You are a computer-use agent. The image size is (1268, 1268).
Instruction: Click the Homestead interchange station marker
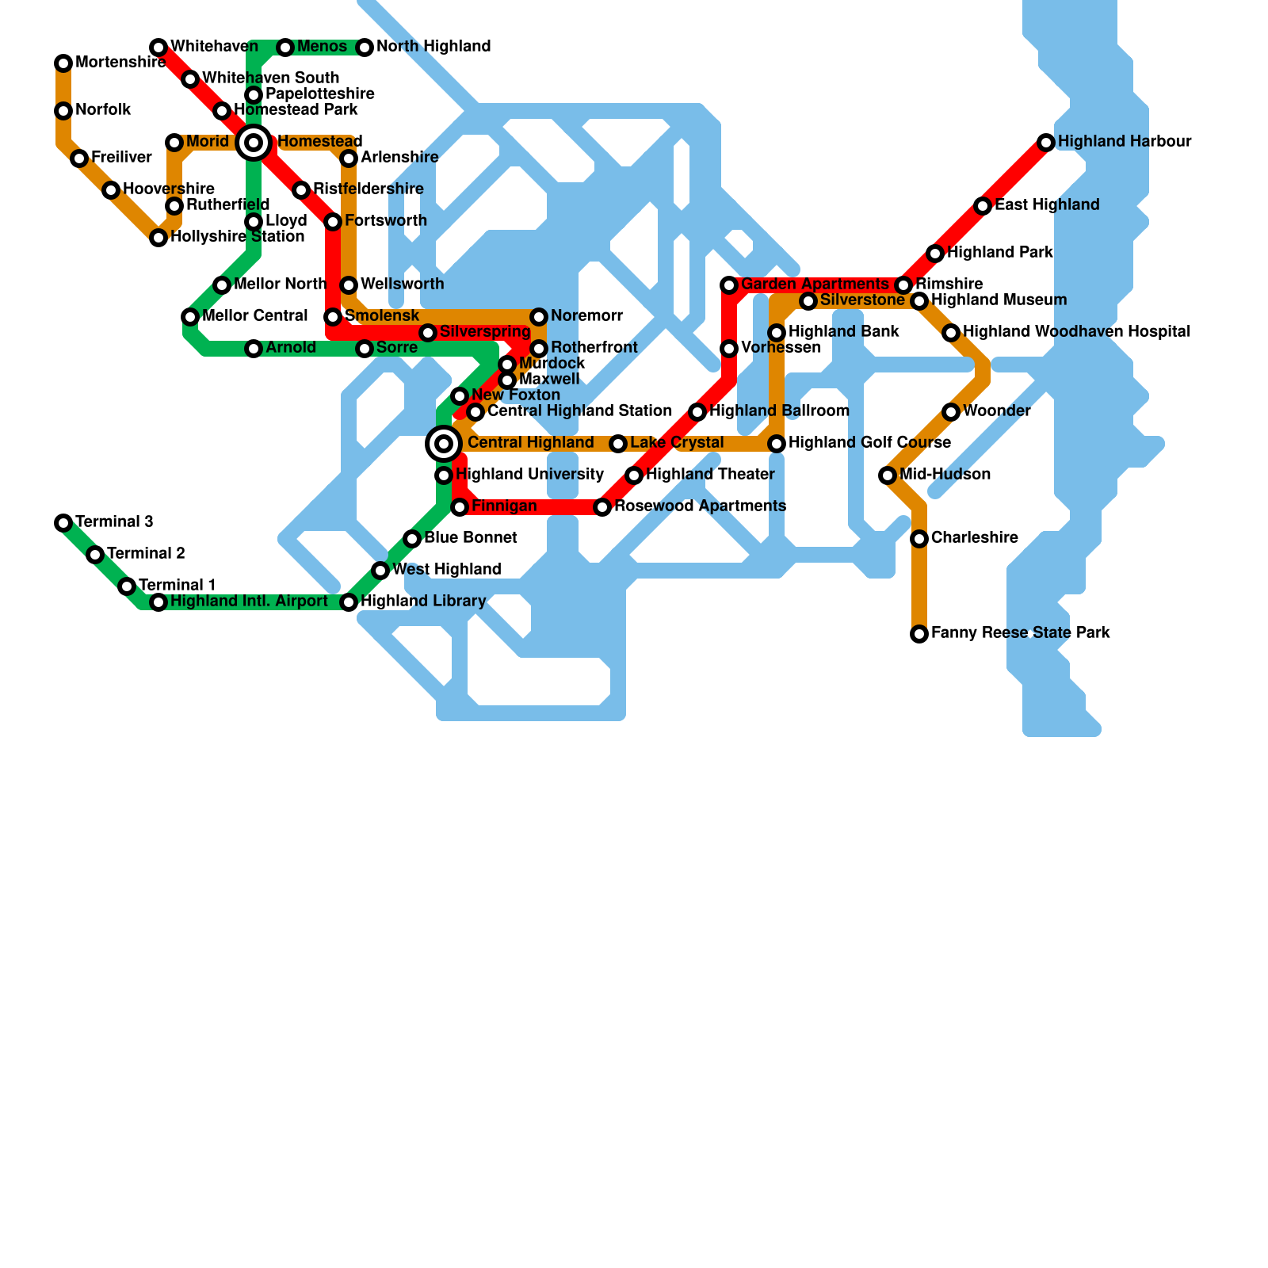pos(254,143)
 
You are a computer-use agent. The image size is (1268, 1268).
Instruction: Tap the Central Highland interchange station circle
pos(444,444)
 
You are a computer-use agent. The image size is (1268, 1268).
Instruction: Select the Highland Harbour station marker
pos(1046,143)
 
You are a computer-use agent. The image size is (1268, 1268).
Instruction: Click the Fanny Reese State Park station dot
pos(919,634)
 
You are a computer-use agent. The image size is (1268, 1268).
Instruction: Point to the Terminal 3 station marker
pos(63,523)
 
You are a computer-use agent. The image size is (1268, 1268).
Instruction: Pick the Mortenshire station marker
pos(63,63)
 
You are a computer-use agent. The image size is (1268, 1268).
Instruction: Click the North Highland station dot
pos(365,48)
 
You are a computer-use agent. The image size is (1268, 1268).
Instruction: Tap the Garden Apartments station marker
pos(729,285)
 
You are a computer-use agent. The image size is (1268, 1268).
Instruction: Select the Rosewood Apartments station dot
pos(602,507)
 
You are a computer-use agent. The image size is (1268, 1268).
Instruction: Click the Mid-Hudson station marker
pos(888,475)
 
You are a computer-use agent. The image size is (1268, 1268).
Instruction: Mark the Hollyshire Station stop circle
pos(158,238)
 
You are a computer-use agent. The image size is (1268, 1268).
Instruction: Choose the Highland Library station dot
pos(349,602)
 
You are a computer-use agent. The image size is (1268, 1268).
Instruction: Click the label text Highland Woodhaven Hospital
pos(1076,332)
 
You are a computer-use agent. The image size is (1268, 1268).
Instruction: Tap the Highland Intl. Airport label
pos(249,602)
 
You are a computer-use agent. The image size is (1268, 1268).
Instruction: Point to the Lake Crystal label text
pos(677,443)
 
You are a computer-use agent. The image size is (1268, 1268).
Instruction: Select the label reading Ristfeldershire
pos(368,189)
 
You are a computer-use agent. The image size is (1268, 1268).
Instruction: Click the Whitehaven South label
pos(270,78)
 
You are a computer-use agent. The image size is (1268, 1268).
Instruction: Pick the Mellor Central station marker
pos(190,317)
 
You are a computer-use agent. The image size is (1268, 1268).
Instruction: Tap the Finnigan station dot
pos(460,507)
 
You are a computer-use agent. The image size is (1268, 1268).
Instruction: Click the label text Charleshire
pos(974,538)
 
